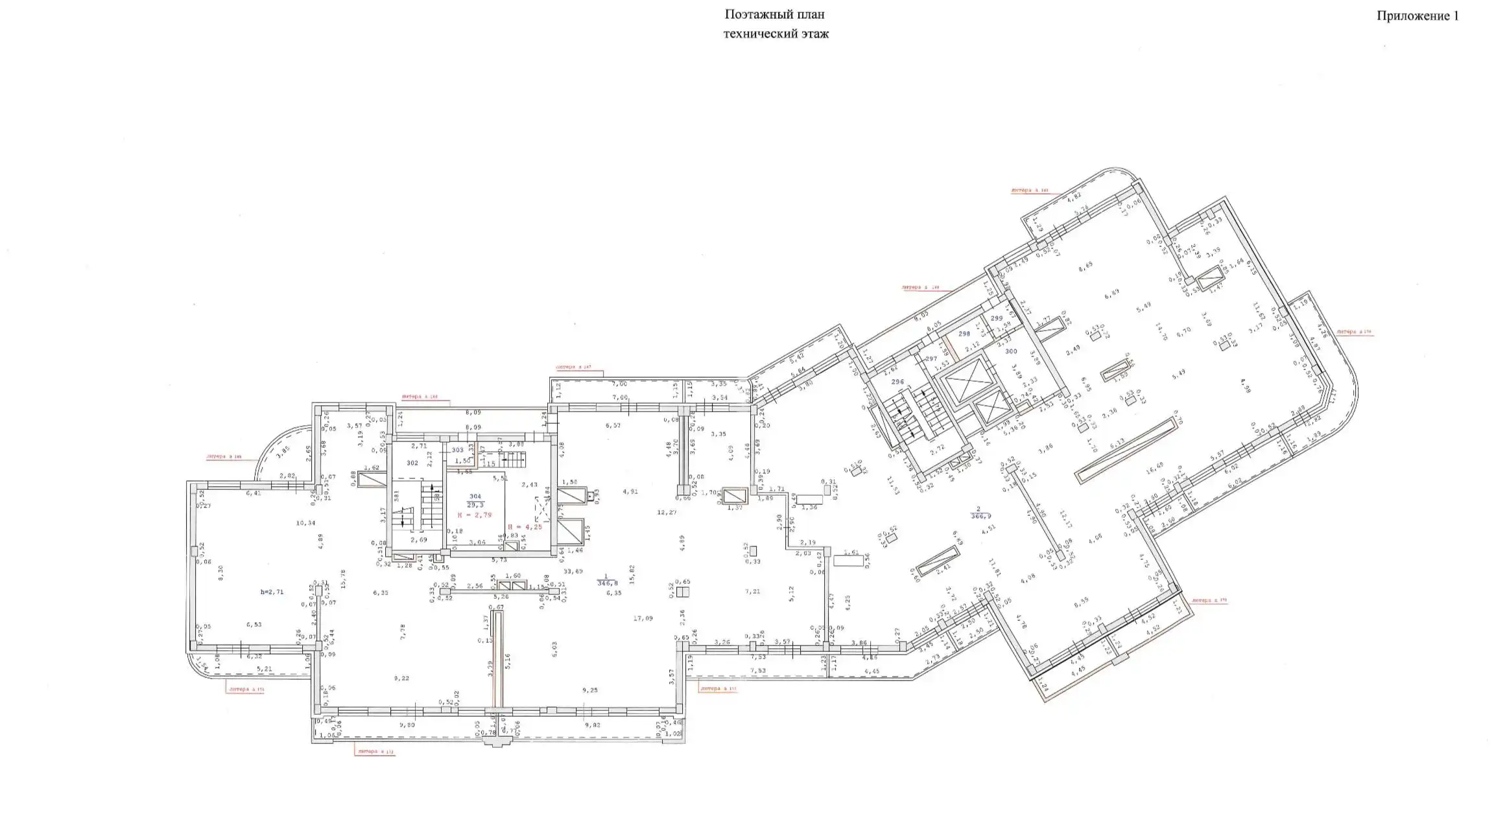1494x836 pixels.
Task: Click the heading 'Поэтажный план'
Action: point(774,14)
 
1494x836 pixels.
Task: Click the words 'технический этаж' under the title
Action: point(776,34)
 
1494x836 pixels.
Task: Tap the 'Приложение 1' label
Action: point(1417,16)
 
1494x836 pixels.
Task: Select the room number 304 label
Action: point(475,496)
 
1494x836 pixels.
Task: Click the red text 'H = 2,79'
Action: point(474,515)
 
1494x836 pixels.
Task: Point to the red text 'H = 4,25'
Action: point(525,527)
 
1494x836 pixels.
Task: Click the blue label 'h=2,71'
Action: point(272,592)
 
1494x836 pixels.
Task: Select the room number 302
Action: point(412,463)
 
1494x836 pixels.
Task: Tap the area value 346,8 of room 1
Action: point(607,583)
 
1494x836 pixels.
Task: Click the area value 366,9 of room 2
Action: point(981,517)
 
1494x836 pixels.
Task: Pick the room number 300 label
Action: point(1011,351)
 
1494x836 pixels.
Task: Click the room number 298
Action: point(964,334)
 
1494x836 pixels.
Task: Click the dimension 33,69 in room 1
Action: point(573,571)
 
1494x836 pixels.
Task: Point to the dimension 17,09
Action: point(643,618)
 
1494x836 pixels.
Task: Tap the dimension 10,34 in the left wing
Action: point(305,522)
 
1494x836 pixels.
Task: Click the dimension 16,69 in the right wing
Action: point(1154,465)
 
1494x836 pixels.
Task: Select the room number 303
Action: point(458,449)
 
